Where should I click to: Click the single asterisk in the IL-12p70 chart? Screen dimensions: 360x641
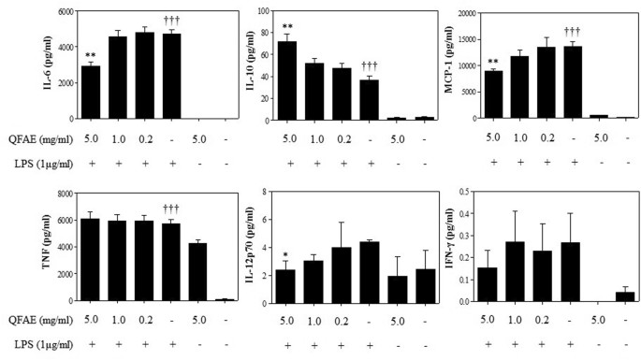coord(286,256)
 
